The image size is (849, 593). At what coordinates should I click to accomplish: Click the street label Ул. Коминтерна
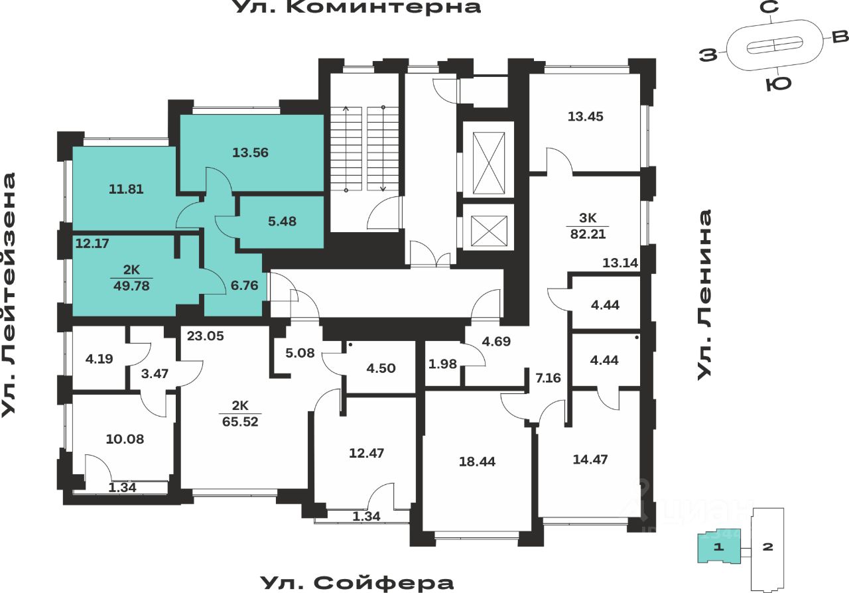[357, 7]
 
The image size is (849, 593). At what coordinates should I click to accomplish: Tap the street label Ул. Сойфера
[357, 583]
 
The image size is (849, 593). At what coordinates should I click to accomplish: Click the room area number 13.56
[250, 153]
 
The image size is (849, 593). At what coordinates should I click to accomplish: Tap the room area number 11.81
[125, 189]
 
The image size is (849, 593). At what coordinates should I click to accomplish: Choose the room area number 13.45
[585, 116]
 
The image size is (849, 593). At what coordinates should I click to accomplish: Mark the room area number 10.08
[125, 438]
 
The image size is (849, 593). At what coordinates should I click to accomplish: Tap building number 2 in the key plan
[767, 547]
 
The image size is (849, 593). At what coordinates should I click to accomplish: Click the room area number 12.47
[366, 454]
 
